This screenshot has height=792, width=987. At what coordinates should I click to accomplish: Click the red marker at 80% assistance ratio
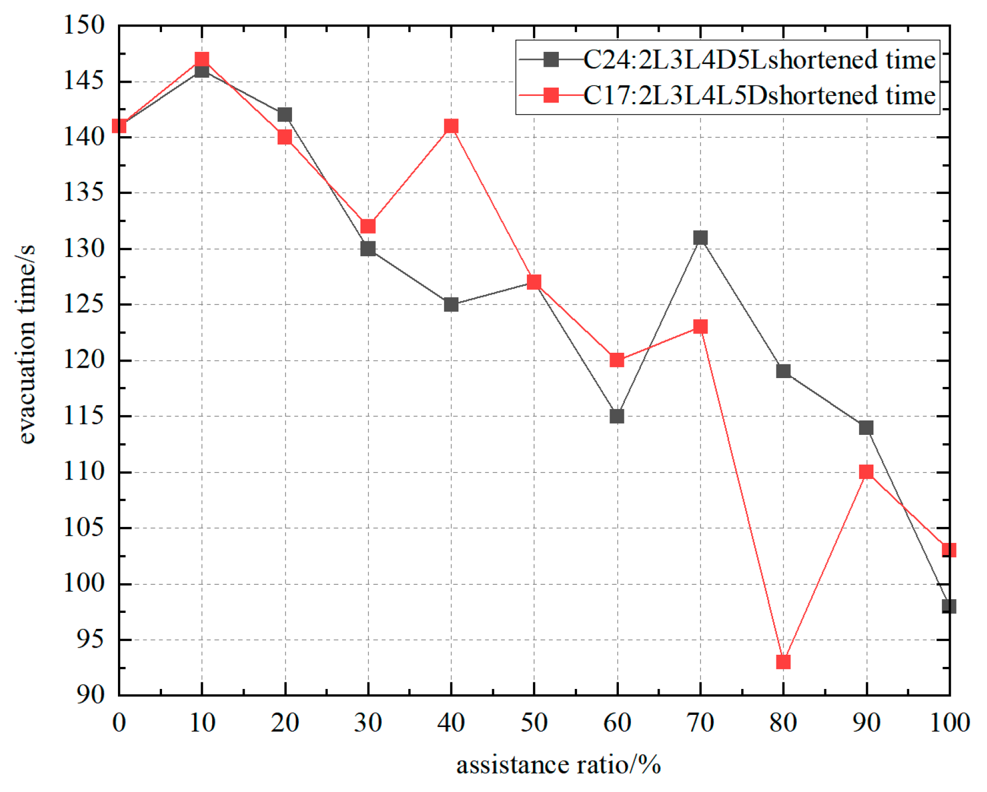[x=783, y=661]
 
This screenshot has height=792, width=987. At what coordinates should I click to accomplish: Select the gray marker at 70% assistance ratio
[x=700, y=238]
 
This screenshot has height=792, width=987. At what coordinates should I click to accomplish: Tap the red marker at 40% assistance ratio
[x=451, y=126]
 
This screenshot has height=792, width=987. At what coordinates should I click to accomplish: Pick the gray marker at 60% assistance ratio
[x=617, y=416]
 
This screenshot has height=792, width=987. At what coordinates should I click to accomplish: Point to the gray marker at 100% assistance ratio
[x=948, y=606]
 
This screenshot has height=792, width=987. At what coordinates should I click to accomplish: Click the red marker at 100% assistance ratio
[x=948, y=549]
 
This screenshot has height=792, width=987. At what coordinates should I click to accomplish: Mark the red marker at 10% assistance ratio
[x=202, y=59]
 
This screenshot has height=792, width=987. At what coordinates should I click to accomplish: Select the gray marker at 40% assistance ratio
[x=451, y=304]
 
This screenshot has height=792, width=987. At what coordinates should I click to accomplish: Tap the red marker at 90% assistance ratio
[x=866, y=472]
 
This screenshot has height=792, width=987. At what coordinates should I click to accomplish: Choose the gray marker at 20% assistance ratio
[x=284, y=115]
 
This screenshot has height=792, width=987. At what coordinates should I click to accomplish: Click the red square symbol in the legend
[x=551, y=95]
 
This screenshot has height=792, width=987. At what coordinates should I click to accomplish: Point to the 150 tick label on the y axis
[x=84, y=25]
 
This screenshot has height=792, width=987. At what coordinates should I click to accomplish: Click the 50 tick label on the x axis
[x=533, y=723]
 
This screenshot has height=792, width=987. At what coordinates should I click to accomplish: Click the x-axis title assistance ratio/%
[x=558, y=766]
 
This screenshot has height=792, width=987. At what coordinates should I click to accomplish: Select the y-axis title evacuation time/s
[x=26, y=344]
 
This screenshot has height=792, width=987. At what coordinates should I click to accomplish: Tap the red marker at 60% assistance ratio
[x=617, y=360]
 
